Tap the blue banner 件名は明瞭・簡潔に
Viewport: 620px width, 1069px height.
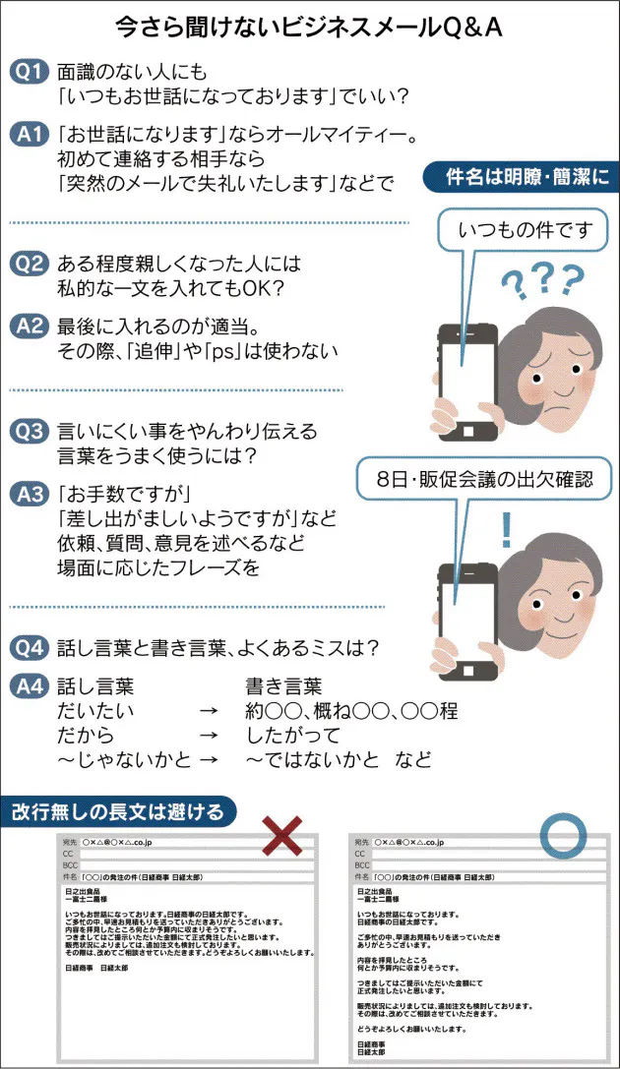[523, 177]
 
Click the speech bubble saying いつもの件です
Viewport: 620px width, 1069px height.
[527, 231]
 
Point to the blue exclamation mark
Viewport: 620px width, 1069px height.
[507, 532]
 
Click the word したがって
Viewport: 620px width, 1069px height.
[292, 736]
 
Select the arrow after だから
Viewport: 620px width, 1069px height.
[208, 736]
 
